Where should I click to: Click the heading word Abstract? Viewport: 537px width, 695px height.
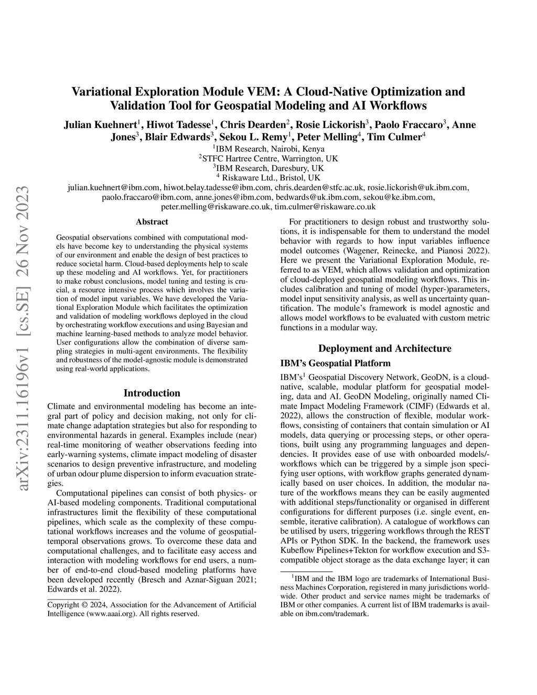(x=152, y=222)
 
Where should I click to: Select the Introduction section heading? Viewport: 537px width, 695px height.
(x=152, y=393)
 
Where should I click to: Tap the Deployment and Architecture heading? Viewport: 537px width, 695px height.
(x=384, y=348)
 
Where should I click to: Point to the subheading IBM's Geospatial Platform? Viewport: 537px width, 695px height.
(x=336, y=363)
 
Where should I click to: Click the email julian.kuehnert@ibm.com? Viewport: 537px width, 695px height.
(x=114, y=188)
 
